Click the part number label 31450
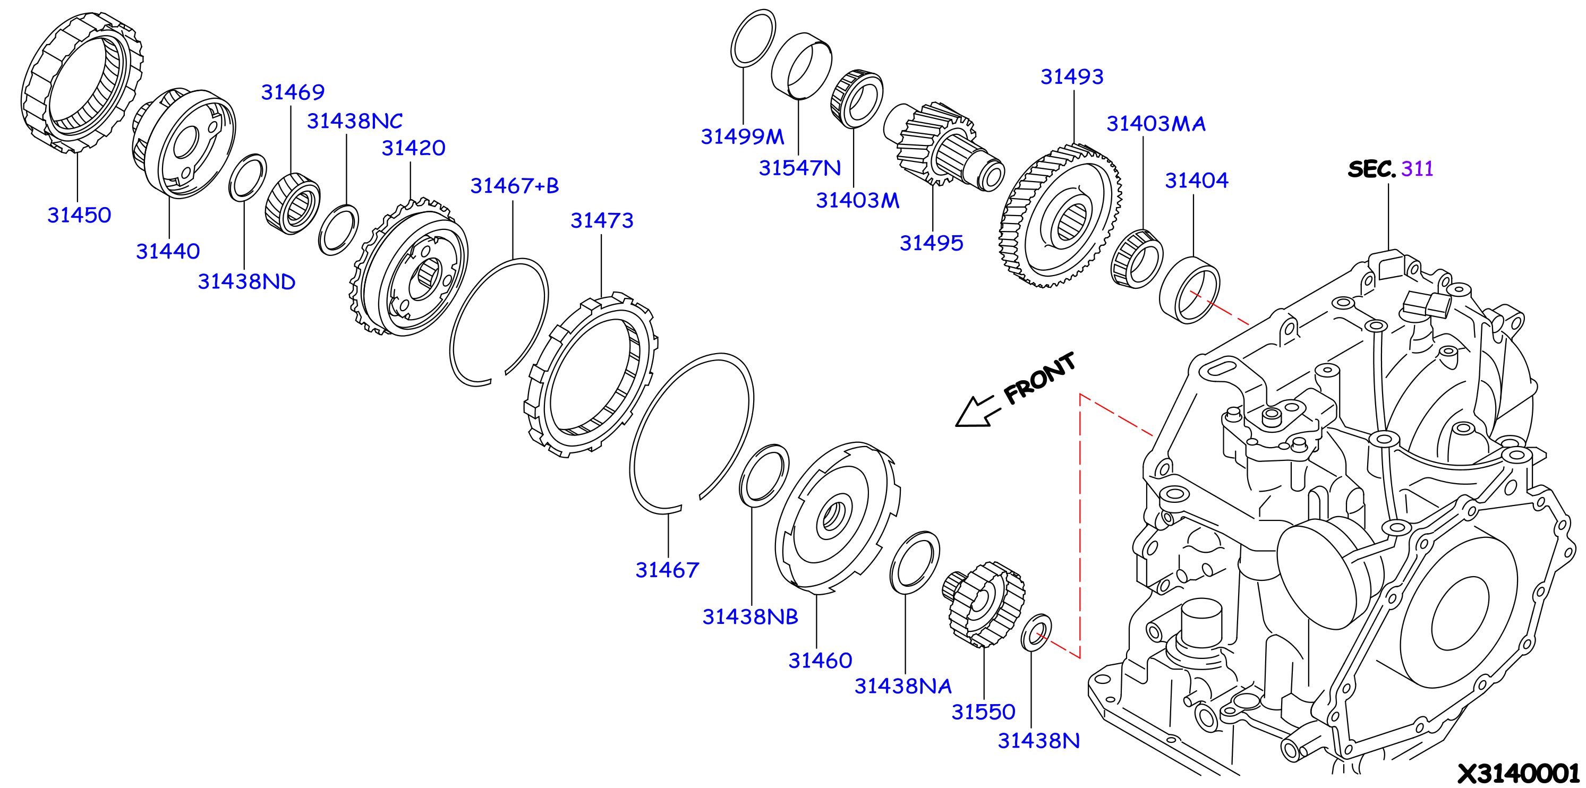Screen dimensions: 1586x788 80,215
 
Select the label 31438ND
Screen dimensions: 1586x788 246,281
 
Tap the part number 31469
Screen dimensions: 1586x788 293,92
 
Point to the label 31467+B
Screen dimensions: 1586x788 515,185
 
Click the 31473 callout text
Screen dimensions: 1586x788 602,220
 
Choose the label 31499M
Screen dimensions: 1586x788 743,136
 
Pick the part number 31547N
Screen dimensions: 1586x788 800,167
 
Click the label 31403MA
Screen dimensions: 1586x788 1156,124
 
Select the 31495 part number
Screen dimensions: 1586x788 932,243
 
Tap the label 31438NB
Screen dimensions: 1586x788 750,617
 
